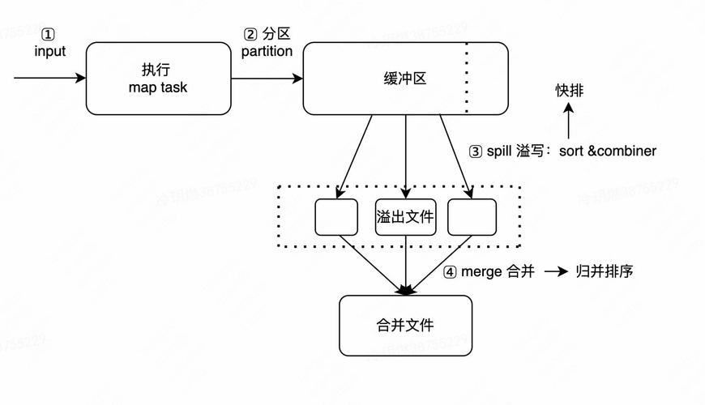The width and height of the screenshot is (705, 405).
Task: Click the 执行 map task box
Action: click(x=158, y=79)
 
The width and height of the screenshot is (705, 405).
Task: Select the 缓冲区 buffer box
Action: click(x=404, y=79)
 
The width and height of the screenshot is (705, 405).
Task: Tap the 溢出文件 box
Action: click(x=405, y=217)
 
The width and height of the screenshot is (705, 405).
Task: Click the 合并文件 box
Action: click(x=405, y=325)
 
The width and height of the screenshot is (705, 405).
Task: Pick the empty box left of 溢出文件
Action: click(x=335, y=217)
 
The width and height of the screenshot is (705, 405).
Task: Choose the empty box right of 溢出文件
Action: click(x=472, y=217)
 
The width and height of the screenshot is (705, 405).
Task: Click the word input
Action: click(x=49, y=51)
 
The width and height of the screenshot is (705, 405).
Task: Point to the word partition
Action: click(x=267, y=51)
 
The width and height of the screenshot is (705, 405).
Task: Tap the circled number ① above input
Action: click(x=49, y=35)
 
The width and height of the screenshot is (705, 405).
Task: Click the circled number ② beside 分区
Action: click(x=250, y=35)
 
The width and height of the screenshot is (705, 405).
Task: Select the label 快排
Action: click(x=569, y=91)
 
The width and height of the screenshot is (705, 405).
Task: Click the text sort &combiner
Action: click(x=608, y=151)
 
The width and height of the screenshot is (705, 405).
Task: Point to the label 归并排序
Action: click(x=604, y=271)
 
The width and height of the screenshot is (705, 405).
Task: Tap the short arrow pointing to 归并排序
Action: click(x=556, y=272)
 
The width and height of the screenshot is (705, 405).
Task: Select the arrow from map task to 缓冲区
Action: click(x=267, y=79)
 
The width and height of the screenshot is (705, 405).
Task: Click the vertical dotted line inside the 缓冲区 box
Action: click(x=467, y=79)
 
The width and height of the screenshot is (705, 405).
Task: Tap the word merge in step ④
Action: click(x=481, y=271)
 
